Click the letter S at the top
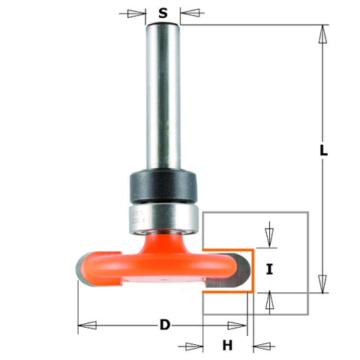[x=163, y=13]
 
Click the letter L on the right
[x=323, y=150]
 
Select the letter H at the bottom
[x=227, y=345]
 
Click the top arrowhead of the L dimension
[x=323, y=34]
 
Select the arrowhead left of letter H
[x=194, y=345]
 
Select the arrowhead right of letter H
[x=262, y=345]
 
